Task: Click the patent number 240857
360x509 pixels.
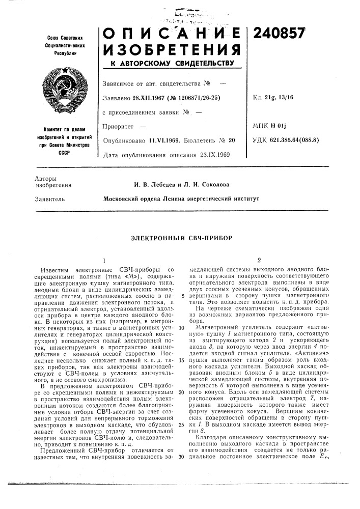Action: coord(280,32)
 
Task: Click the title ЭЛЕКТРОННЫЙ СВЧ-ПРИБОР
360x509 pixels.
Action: coord(180,237)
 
